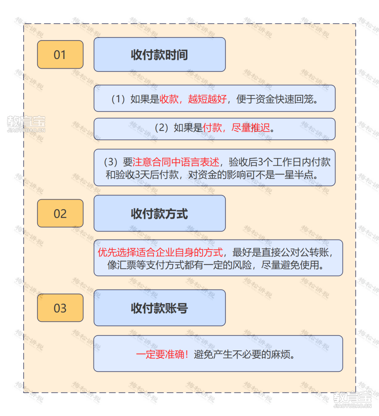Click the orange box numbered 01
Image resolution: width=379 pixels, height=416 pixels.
coord(60,55)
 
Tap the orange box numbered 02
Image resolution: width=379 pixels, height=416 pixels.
coord(60,213)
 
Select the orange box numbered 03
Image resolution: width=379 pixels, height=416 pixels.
coord(60,308)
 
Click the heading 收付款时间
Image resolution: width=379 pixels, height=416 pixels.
coord(159,55)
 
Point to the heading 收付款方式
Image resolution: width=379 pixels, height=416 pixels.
coord(159,213)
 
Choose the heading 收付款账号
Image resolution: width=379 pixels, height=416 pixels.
coord(159,308)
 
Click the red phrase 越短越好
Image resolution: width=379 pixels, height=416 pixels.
coord(207,99)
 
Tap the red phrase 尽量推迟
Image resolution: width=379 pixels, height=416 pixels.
coord(251,128)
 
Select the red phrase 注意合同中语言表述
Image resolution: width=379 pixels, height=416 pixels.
coord(176,162)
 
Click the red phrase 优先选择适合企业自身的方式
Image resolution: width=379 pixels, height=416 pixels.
coord(160,252)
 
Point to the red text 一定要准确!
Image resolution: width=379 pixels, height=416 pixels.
coord(162,354)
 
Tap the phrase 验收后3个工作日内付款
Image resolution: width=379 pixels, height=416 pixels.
coord(280,162)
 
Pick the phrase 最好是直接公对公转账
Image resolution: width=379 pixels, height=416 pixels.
coord(281,252)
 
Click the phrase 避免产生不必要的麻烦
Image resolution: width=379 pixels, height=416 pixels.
coord(242,354)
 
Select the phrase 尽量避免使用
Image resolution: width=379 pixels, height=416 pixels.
coord(290,265)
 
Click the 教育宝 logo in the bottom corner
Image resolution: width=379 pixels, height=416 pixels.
coord(352,400)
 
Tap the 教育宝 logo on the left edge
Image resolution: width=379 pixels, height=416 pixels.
coord(26,124)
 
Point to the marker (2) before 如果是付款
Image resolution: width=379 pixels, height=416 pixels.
coord(161,128)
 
